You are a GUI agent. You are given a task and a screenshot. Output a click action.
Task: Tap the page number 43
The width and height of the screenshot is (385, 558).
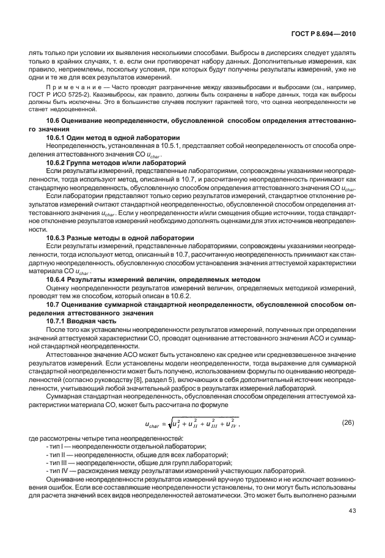pos(353,511)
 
